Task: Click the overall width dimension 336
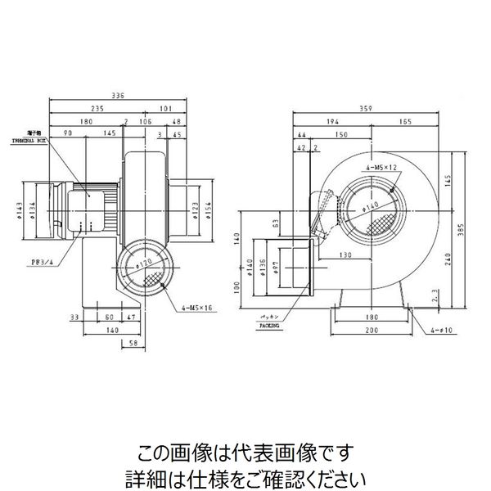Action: coord(118,96)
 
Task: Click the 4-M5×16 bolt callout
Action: coord(197,309)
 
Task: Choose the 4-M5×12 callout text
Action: coord(381,168)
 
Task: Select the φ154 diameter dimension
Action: coord(209,209)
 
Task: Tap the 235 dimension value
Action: coord(100,107)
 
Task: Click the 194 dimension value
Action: coord(332,121)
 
